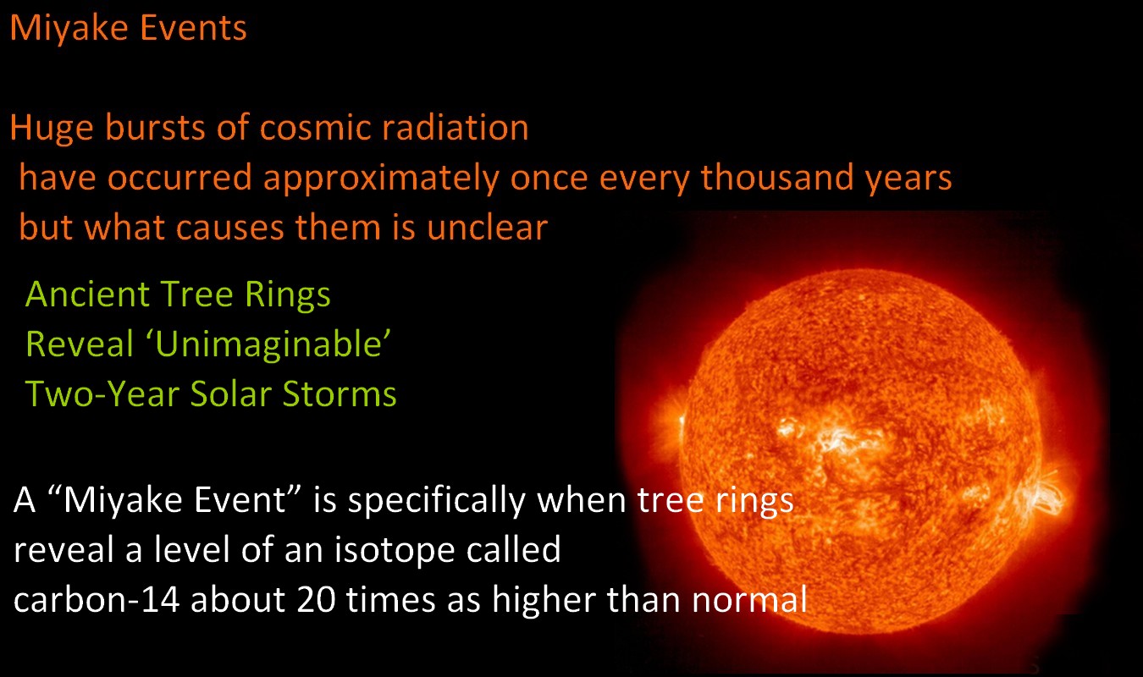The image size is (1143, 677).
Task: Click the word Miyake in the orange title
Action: (69, 29)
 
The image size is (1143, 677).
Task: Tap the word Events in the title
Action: (193, 27)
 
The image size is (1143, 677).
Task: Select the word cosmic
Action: (315, 127)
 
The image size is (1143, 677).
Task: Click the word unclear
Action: (488, 227)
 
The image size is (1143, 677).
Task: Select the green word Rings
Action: (287, 295)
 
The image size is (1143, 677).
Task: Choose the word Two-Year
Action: (102, 394)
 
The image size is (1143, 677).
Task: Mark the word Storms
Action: (340, 394)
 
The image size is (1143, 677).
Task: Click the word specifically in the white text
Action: (437, 501)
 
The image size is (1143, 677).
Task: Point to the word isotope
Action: (395, 551)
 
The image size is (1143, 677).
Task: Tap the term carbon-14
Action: (97, 599)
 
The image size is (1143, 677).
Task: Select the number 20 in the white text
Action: (317, 599)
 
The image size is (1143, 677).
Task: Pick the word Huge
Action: (52, 129)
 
